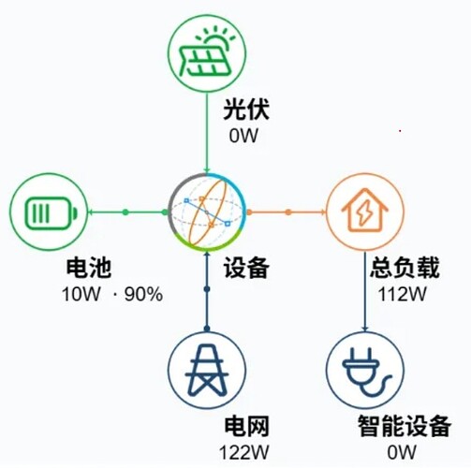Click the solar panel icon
[206, 53]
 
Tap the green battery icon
[50, 212]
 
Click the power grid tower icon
[207, 370]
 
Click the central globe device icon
[207, 212]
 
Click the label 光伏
[246, 110]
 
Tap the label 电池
[89, 268]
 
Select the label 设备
[246, 268]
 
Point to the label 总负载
[405, 268]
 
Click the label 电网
[246, 426]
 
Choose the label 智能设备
[405, 426]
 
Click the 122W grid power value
[243, 452]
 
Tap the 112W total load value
[402, 294]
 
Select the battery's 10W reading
[81, 294]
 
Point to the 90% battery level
[143, 294]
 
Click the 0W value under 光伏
[243, 136]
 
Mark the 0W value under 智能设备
[402, 452]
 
